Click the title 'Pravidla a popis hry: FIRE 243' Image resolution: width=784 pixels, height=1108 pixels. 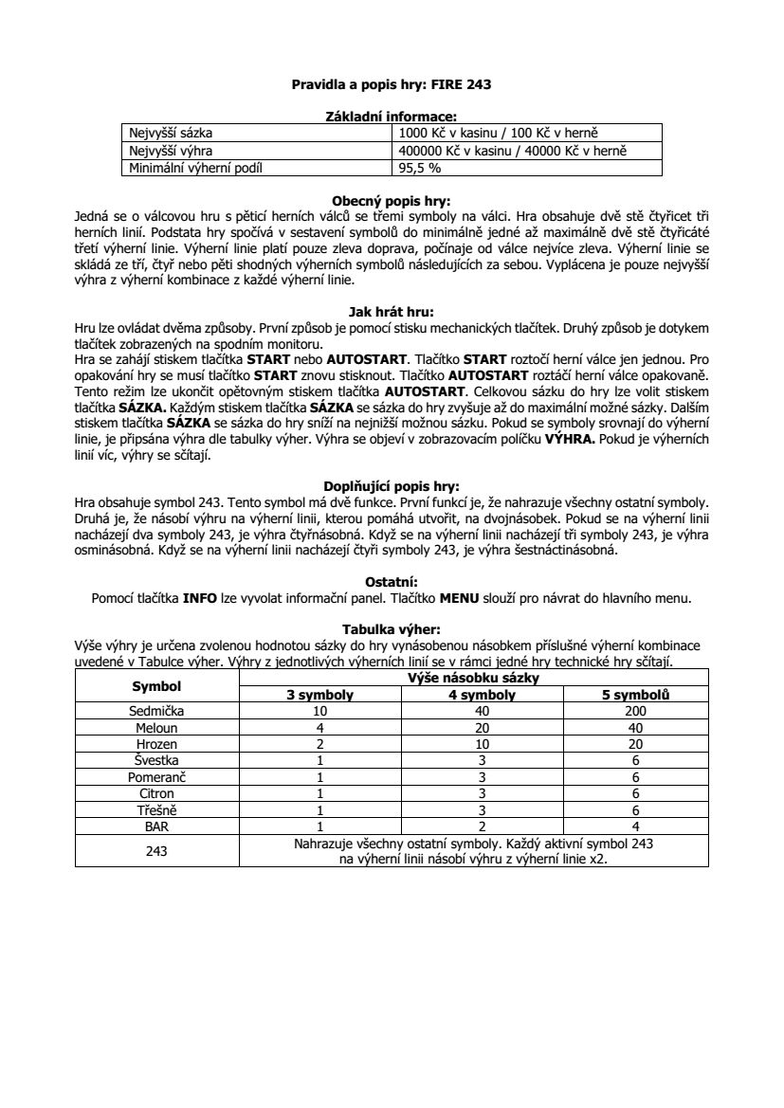coord(392,84)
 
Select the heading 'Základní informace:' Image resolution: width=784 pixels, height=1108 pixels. coord(392,117)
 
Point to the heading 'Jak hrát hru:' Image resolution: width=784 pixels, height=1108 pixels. coord(392,309)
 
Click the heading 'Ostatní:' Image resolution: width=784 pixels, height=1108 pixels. coord(392,581)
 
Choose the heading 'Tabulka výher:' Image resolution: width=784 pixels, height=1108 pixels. coord(392,628)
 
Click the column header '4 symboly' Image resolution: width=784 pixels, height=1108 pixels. coord(482,695)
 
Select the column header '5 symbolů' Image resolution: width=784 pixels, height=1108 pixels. coord(635,695)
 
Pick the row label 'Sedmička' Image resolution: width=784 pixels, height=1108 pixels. coord(156,710)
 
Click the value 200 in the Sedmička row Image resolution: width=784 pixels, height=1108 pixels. coord(635,710)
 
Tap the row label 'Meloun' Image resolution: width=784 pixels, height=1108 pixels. coord(156,727)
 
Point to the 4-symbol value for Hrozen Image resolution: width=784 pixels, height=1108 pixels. coord(482,744)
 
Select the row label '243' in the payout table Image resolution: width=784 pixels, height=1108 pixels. coord(156,851)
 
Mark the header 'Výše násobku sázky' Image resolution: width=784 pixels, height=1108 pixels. coord(472,678)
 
